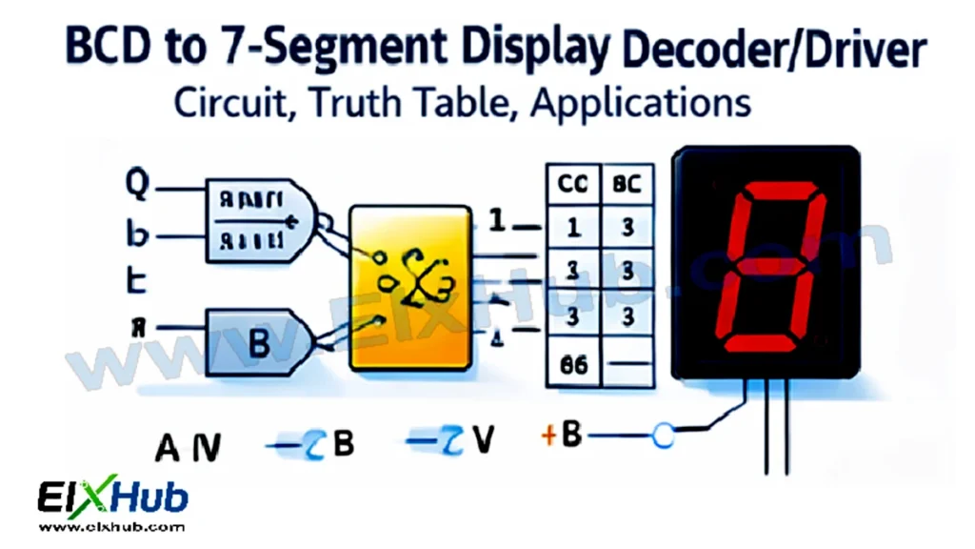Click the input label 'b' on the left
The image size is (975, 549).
pos(138,234)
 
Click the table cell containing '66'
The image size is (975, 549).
pos(572,364)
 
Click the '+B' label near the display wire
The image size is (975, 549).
pos(562,436)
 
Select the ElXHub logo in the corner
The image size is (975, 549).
pos(112,498)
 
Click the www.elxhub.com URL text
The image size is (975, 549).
pos(111,527)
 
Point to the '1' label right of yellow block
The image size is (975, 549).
pos(495,221)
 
